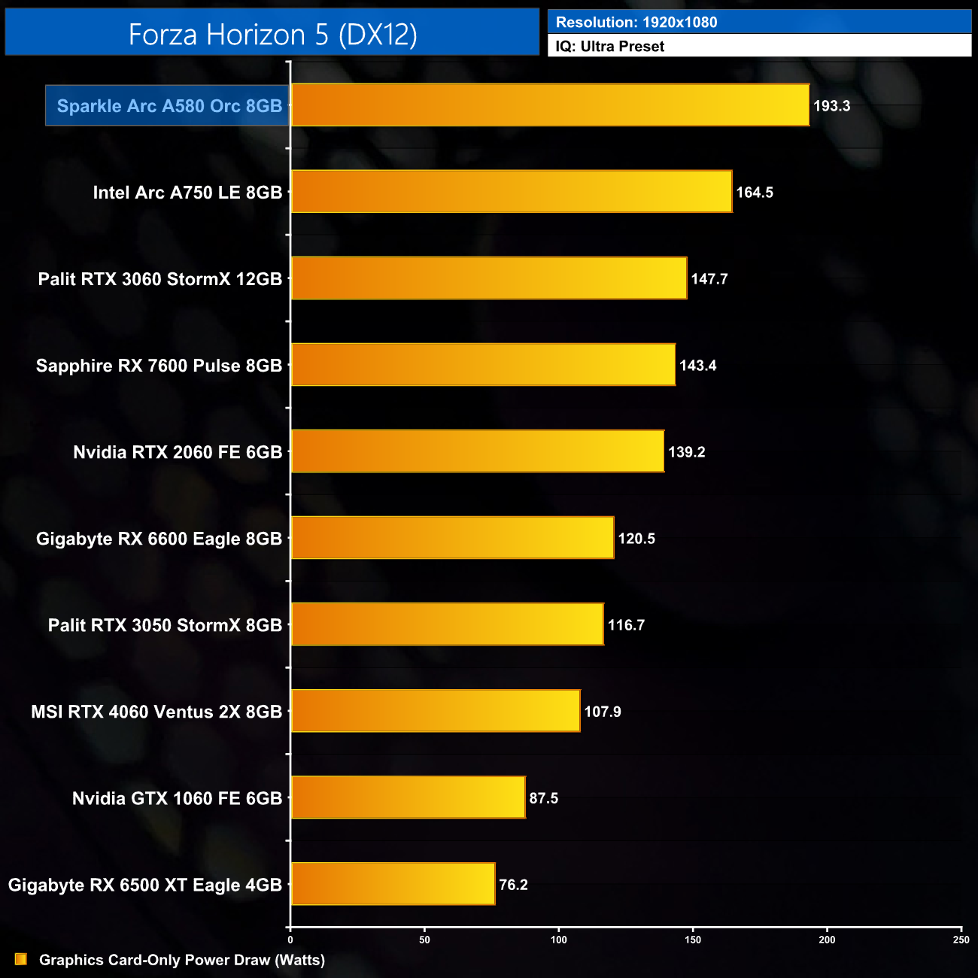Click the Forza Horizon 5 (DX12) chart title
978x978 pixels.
pos(272,35)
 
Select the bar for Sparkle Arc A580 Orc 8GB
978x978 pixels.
pos(550,105)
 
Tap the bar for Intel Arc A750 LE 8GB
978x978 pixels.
pos(512,192)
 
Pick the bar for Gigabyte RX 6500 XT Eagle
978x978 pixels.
pos(393,884)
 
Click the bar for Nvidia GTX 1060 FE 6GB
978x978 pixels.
pos(408,797)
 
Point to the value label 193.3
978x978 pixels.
pos(831,106)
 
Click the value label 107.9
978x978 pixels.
pos(603,712)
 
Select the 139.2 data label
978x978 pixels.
pos(687,452)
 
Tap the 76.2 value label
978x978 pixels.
pos(513,885)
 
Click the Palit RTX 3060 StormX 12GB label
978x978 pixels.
pos(160,279)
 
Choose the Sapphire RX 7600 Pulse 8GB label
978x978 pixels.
pos(159,366)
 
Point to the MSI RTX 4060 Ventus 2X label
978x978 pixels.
pos(156,712)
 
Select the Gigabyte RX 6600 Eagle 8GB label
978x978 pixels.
pos(159,539)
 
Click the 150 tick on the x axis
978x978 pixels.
pos(693,940)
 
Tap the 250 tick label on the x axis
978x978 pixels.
pos(961,940)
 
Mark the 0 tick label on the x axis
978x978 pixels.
pos(290,940)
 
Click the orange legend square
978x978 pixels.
pos(21,959)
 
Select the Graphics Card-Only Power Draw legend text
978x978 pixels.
pos(182,960)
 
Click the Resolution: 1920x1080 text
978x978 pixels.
pos(636,23)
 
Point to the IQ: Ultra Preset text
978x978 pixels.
pos(610,47)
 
